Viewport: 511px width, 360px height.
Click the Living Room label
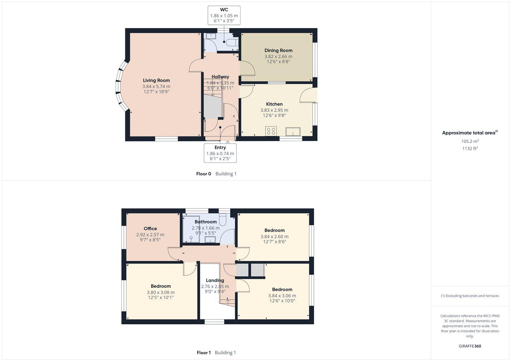[x=156, y=80]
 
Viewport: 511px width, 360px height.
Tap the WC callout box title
[x=224, y=10]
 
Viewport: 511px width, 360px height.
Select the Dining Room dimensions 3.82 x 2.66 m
[x=278, y=56]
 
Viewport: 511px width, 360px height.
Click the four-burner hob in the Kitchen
[x=271, y=131]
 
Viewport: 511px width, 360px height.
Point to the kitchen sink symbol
[x=293, y=131]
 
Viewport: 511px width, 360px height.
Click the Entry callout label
[x=220, y=147]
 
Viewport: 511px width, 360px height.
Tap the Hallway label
[x=220, y=77]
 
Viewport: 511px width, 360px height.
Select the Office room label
[x=150, y=229]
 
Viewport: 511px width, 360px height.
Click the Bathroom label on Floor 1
[x=205, y=222]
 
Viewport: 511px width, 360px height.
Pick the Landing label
[x=215, y=281]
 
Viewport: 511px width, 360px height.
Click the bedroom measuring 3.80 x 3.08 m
[x=161, y=292]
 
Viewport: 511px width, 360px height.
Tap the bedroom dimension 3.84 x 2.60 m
[x=274, y=236]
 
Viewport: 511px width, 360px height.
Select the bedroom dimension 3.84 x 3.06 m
[x=282, y=296]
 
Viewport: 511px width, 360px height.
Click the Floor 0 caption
[x=203, y=174]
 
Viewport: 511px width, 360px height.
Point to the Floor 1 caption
[x=203, y=353]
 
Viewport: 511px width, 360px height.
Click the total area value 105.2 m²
[x=470, y=141]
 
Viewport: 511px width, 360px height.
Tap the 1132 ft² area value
[x=470, y=148]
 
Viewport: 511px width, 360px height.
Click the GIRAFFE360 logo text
[x=470, y=346]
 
